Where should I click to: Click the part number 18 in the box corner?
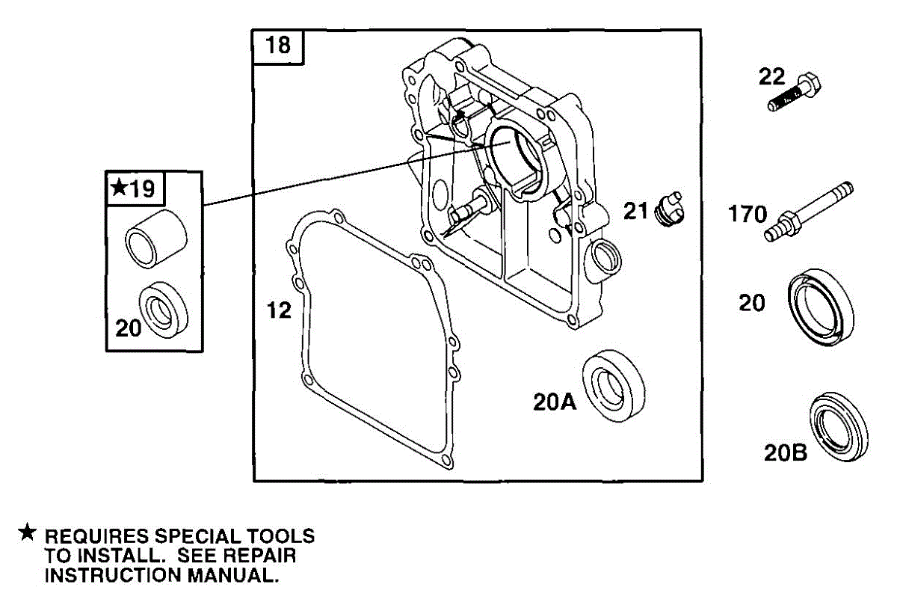(278, 46)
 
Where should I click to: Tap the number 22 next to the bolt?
(773, 76)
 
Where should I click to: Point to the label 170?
(747, 215)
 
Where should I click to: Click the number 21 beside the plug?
(637, 212)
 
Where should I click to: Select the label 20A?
(555, 402)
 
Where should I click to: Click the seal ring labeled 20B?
(840, 424)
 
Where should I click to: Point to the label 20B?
(785, 452)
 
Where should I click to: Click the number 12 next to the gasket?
(280, 310)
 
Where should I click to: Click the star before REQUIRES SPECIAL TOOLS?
(28, 533)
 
